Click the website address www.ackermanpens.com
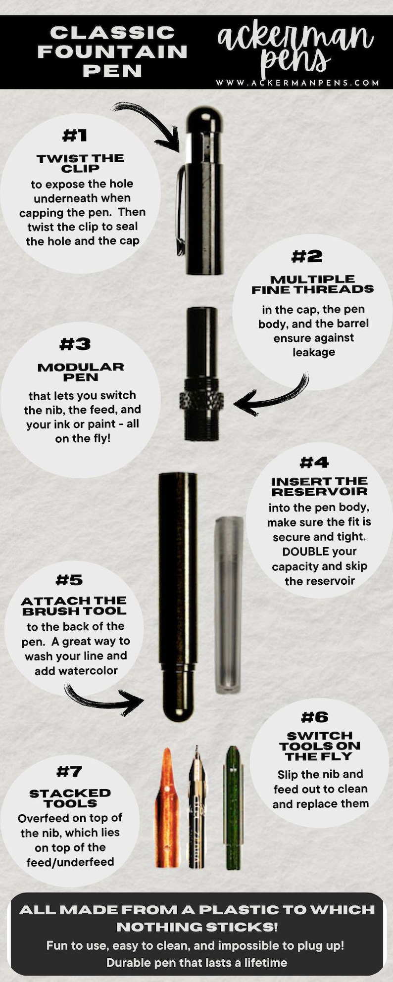click(x=297, y=83)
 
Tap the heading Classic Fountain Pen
click(x=113, y=51)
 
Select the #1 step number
click(x=75, y=135)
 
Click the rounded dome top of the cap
click(x=204, y=119)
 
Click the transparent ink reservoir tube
click(x=229, y=605)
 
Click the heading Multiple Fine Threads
click(x=313, y=284)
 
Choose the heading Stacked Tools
click(x=70, y=798)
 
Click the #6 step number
click(x=315, y=717)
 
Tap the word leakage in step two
click(x=314, y=352)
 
